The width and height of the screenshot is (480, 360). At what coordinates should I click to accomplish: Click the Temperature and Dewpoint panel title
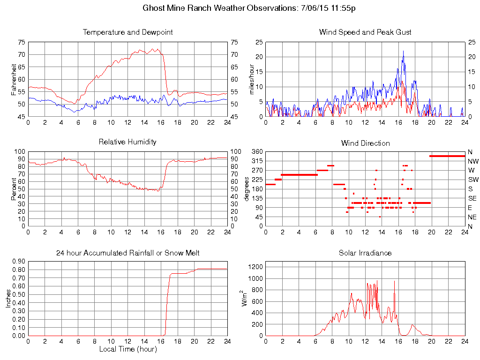coord(127,32)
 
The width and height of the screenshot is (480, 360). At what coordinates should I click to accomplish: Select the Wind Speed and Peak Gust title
coord(365,32)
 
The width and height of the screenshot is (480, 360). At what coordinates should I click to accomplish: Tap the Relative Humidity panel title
coord(127,142)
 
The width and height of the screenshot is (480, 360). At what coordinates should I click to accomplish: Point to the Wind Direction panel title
coord(365,143)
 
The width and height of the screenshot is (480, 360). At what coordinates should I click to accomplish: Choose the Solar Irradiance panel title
coord(365,253)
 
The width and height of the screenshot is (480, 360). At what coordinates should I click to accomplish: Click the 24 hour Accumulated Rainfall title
coord(127,253)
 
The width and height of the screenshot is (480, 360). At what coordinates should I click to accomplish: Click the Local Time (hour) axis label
coord(127,349)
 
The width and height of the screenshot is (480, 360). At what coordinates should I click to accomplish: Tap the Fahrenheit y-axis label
coord(14,80)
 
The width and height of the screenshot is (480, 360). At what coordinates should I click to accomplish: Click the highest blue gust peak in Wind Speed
coord(403,52)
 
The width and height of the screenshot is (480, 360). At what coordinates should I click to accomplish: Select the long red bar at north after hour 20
coord(447,156)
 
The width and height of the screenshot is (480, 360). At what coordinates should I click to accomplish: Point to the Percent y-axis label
coord(14,189)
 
